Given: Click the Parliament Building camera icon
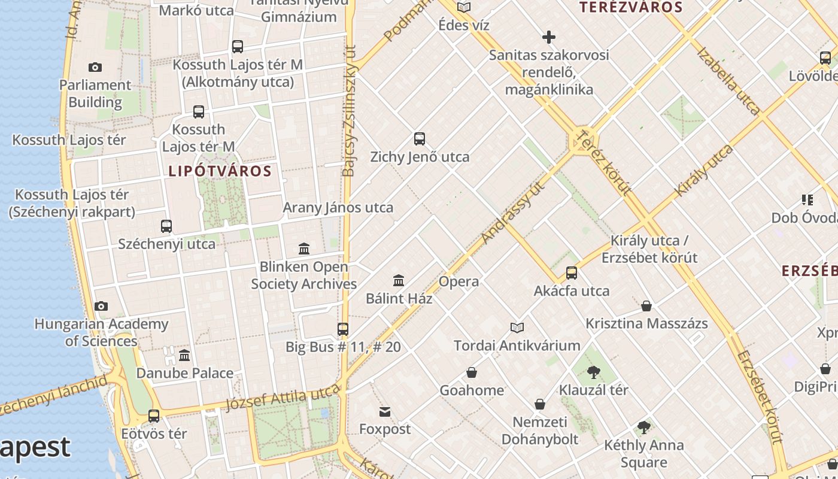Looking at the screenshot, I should click(x=95, y=67).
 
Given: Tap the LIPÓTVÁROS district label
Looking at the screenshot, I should click(x=220, y=171).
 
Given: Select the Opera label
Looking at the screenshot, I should click(x=459, y=281).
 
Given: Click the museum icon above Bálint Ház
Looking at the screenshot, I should click(x=399, y=280).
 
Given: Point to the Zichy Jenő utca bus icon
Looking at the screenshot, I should click(x=420, y=139).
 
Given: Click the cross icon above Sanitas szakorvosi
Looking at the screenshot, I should click(x=548, y=37).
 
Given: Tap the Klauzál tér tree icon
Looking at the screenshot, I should click(x=593, y=372).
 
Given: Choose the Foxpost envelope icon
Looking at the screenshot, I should click(x=385, y=411).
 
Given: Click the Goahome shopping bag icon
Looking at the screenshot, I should click(x=472, y=372).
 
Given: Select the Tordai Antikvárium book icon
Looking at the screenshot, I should click(x=517, y=328).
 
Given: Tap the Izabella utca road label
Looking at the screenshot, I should click(x=728, y=81).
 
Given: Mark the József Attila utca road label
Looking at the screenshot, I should click(x=283, y=399).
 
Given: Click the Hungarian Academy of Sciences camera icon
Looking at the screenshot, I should click(x=101, y=307).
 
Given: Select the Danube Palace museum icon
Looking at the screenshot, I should click(x=184, y=355).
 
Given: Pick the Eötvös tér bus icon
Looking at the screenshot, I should click(x=154, y=416).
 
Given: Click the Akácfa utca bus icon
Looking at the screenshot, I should click(x=572, y=273).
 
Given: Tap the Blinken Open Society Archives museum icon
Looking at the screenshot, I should click(x=304, y=248).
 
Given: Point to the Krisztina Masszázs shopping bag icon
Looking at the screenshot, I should click(x=646, y=306).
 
